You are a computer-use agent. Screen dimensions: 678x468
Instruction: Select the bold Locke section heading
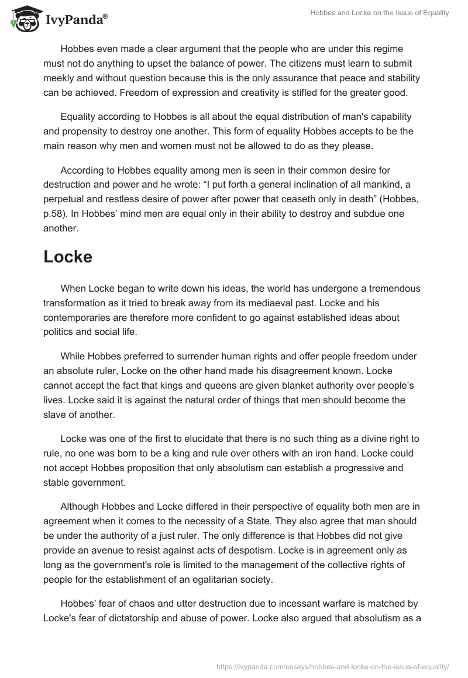(68, 257)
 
